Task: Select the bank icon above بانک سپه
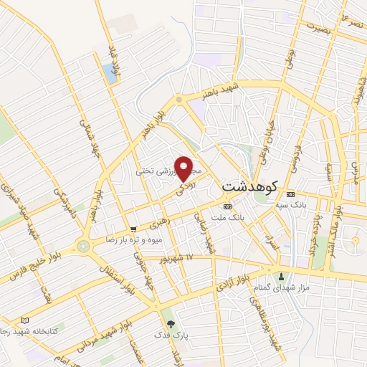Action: [290, 194]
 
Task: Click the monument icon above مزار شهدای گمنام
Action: [281, 277]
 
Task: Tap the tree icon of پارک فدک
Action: [169, 324]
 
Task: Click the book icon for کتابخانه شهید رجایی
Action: [26, 320]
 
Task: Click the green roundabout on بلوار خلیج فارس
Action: [83, 246]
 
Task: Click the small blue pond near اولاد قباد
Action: [110, 71]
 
